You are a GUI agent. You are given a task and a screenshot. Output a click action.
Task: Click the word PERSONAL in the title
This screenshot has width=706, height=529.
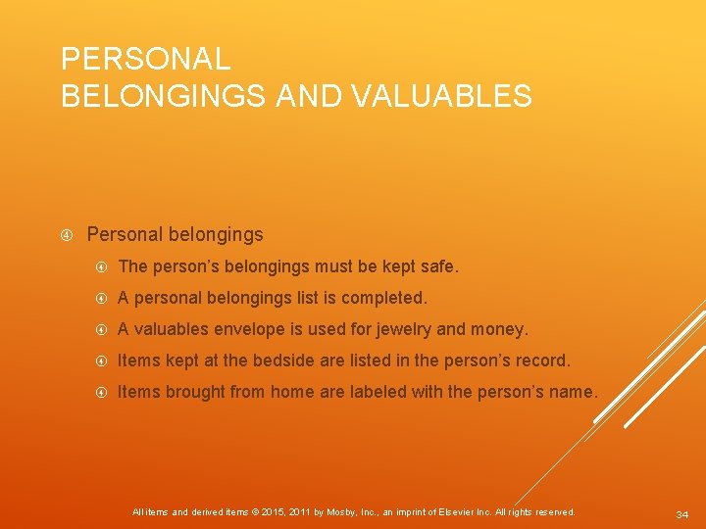coord(145,59)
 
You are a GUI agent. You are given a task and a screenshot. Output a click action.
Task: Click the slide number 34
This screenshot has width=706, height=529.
coord(682,514)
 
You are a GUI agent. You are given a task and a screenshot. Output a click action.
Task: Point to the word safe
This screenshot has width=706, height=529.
coord(437,266)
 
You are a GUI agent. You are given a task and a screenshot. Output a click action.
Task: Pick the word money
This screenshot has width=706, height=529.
coord(503,329)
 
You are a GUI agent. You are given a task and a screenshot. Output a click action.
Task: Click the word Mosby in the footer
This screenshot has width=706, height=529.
coord(343,512)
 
